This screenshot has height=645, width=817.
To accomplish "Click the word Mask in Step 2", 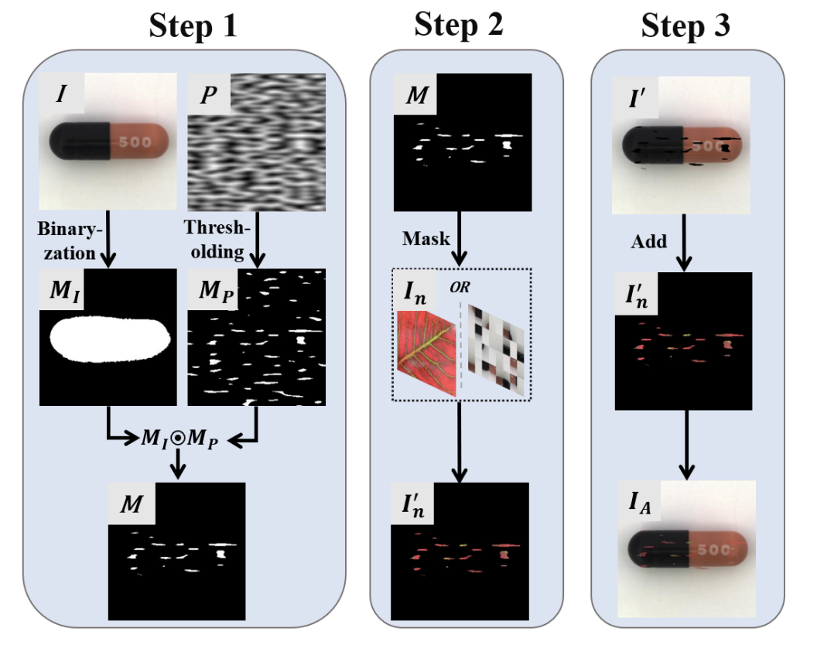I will (426, 238).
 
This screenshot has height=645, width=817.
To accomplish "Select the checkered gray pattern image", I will (497, 352).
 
